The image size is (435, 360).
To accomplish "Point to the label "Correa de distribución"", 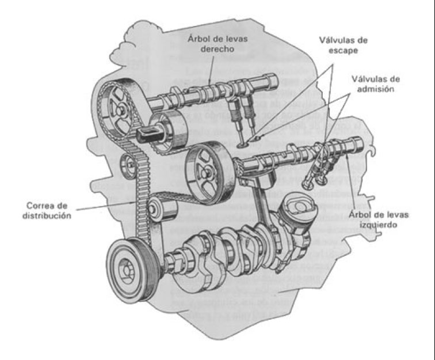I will [48, 210].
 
